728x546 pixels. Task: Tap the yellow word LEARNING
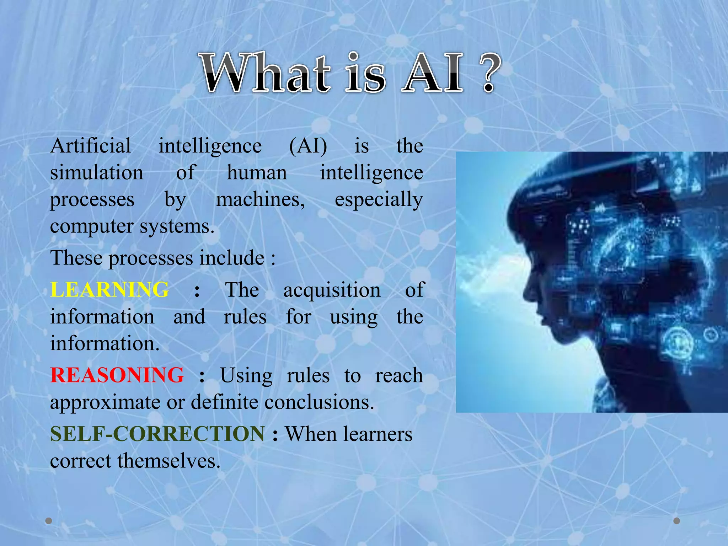(109, 289)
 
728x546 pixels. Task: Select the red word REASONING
(117, 375)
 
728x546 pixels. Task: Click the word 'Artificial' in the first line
(91, 146)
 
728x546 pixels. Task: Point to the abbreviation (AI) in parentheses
(308, 146)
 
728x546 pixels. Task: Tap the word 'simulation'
(97, 173)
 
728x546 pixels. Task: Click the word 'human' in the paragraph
(257, 173)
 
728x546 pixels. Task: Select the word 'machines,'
(261, 199)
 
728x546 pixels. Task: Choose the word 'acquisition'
(332, 290)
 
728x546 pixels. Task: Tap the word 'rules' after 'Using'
(308, 375)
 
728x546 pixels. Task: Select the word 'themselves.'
(169, 461)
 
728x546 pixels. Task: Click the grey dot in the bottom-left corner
(49, 521)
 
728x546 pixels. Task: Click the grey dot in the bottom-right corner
(677, 521)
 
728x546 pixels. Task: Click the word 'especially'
(379, 200)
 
